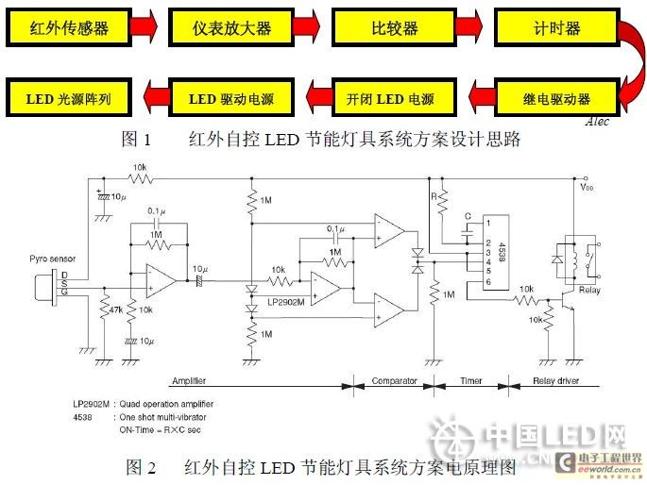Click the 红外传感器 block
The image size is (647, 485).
(x=69, y=28)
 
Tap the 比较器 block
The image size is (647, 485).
(x=395, y=28)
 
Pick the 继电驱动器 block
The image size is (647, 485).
(x=555, y=98)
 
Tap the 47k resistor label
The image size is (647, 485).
(x=116, y=309)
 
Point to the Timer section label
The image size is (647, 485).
(x=470, y=382)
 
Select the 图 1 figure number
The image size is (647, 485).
(x=137, y=140)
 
